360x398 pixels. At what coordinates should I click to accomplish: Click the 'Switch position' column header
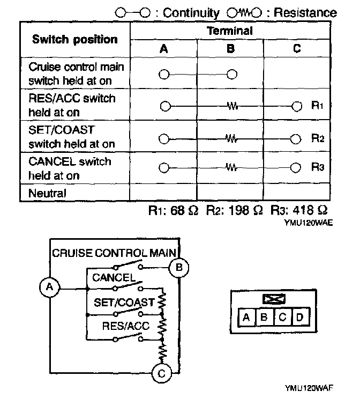click(75, 39)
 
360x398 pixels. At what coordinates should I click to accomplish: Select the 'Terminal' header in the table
click(230, 31)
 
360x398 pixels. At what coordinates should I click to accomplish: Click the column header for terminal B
click(230, 48)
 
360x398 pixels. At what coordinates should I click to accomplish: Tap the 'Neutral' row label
click(47, 193)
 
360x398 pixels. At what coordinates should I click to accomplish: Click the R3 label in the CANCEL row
click(318, 167)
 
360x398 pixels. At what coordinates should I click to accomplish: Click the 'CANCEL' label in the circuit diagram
click(114, 277)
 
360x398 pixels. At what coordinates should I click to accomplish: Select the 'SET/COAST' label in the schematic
click(124, 301)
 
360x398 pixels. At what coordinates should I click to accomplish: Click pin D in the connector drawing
click(299, 317)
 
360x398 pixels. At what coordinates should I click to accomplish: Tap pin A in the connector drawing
click(246, 317)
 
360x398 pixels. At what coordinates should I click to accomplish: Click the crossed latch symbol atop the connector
click(273, 299)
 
